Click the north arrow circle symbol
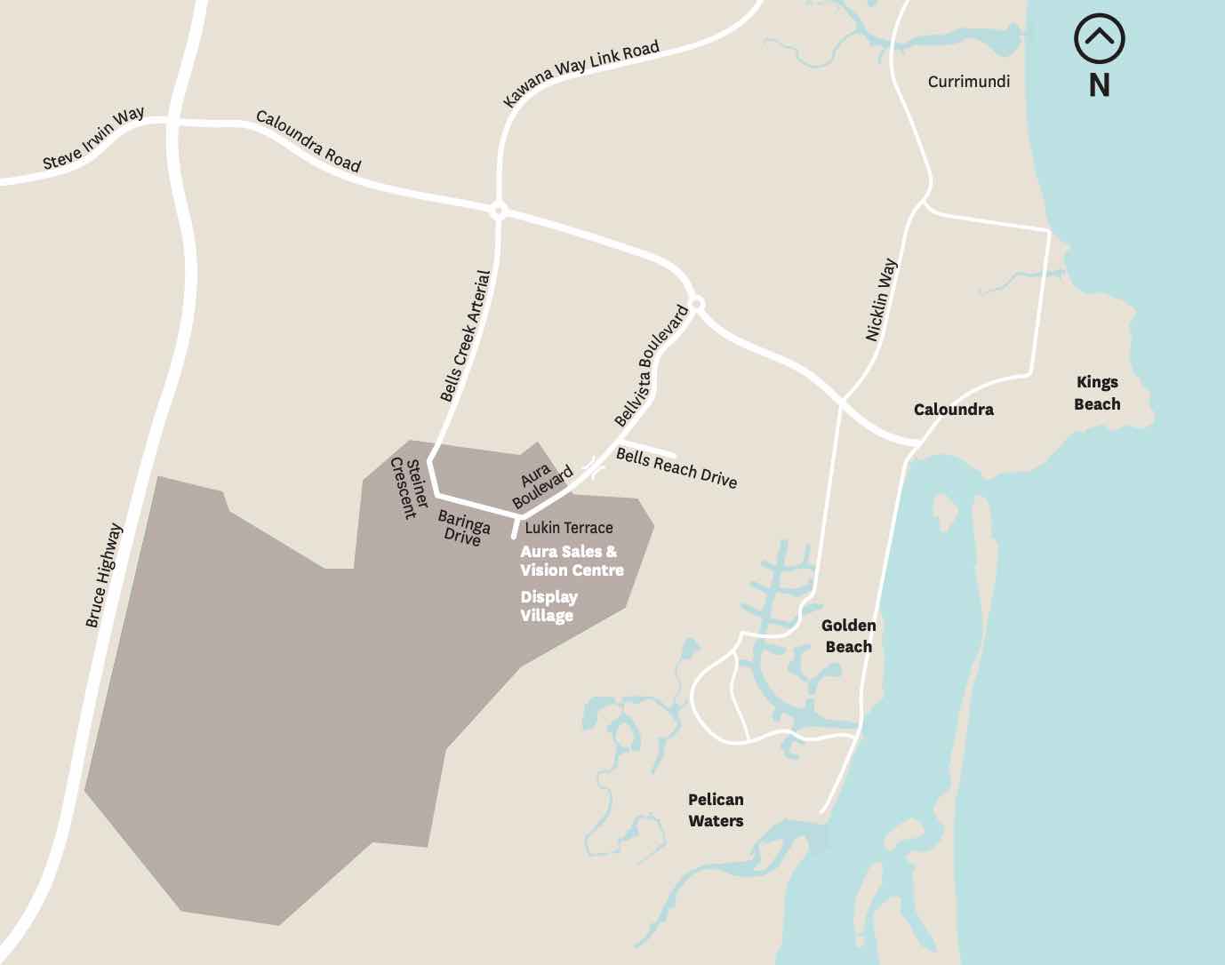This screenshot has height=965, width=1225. point(1099,39)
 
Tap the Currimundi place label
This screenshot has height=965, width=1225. point(968,82)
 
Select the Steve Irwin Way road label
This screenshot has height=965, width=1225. point(93,139)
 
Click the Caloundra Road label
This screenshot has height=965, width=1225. point(308,140)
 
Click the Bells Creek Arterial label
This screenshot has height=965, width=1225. point(465,336)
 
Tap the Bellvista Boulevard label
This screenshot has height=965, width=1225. point(652,366)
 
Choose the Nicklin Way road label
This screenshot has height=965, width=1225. point(881,300)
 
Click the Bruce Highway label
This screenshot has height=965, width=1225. point(104,576)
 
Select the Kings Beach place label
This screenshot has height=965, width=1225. point(1097,393)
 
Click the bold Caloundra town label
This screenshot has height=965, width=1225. point(953,410)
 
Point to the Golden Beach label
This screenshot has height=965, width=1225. point(848,636)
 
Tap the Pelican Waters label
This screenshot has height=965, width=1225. point(716,810)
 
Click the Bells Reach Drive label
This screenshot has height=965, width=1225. point(677,468)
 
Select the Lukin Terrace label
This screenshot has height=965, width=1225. point(569,528)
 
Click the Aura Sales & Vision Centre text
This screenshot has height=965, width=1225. point(572,561)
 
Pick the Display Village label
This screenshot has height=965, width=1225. point(548,606)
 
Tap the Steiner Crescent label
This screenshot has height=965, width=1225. point(410,487)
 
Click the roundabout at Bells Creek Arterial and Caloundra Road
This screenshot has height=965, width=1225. point(499,211)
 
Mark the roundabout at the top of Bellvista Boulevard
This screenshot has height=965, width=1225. point(697,304)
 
